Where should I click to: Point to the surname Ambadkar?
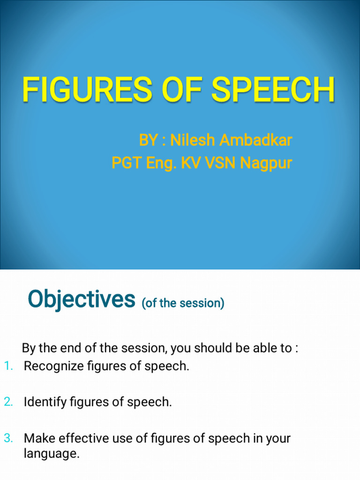click(256, 140)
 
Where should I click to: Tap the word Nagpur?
click(266, 164)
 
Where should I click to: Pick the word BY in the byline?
click(148, 140)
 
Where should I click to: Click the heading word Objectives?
click(81, 299)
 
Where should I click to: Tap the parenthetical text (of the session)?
click(183, 303)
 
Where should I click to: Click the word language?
click(52, 454)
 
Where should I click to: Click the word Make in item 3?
click(36, 438)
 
